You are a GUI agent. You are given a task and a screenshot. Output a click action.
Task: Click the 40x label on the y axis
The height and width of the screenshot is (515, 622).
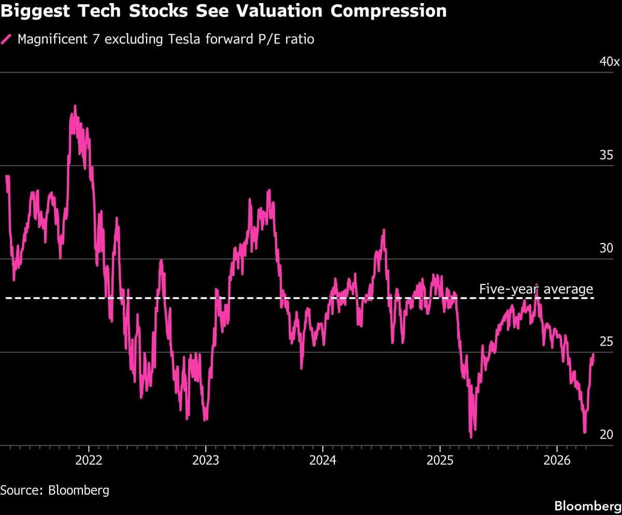pos(609,62)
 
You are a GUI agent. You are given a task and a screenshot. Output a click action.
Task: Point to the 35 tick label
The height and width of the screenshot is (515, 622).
pos(606,155)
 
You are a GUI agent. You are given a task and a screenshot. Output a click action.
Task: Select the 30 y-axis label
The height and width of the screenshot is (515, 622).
pos(606,248)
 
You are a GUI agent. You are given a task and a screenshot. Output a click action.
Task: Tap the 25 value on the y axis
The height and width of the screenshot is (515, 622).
pos(606,341)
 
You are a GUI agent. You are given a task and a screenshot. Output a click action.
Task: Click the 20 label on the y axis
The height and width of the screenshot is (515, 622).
pos(606,435)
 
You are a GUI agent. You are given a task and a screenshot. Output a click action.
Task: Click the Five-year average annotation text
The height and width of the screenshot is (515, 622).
pos(535,289)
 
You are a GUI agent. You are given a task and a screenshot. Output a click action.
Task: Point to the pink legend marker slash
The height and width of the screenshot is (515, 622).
pos(7,39)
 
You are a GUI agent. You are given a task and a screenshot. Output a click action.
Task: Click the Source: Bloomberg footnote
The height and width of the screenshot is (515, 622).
pos(54,490)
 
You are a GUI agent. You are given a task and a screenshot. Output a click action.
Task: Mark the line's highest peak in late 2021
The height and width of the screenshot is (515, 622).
pos(75,106)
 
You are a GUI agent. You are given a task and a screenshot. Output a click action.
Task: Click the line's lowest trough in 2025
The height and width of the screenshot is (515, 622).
pos(471,437)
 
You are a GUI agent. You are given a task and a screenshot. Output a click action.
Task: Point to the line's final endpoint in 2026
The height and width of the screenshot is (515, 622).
pos(593,354)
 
